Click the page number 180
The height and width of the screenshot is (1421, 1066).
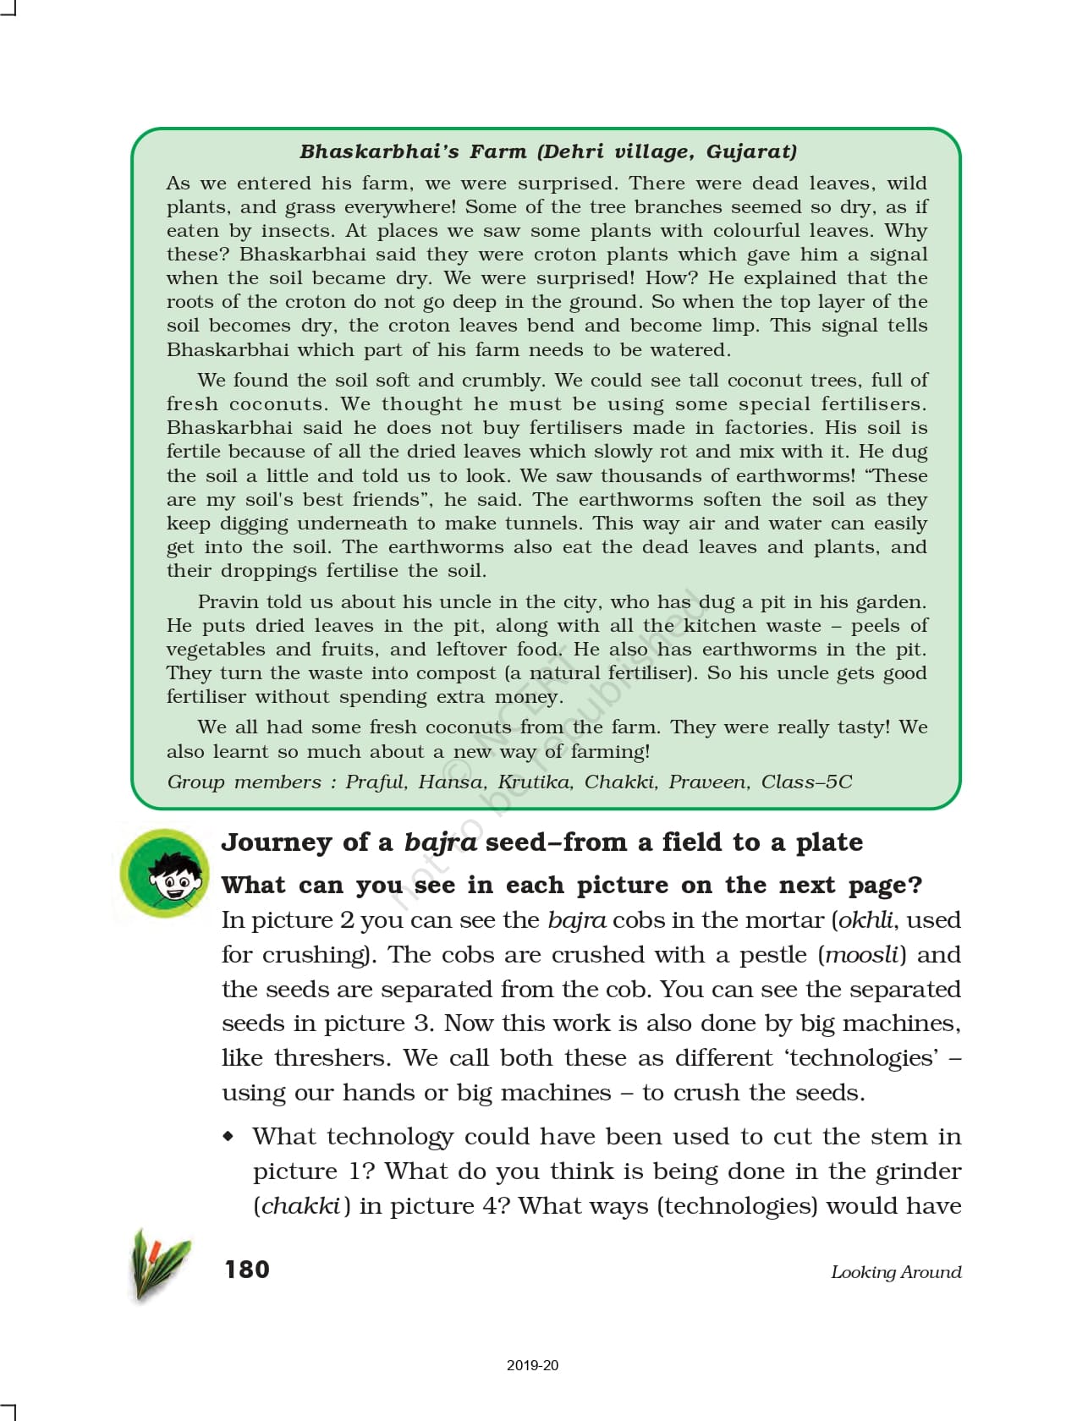(x=247, y=1270)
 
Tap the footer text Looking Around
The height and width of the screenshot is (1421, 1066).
(x=896, y=1272)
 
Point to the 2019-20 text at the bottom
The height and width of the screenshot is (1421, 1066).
(x=532, y=1365)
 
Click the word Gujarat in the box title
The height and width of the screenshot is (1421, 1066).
(x=751, y=152)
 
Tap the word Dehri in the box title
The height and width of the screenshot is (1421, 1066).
(x=577, y=152)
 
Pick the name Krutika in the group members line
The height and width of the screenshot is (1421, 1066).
(x=534, y=782)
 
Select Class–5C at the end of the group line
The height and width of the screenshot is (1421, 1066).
(x=806, y=782)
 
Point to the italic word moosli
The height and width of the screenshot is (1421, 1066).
(x=861, y=955)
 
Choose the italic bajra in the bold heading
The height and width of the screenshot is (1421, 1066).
(x=440, y=842)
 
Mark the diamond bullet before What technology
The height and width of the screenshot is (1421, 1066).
(x=228, y=1136)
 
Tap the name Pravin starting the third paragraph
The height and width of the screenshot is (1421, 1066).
(x=227, y=602)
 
